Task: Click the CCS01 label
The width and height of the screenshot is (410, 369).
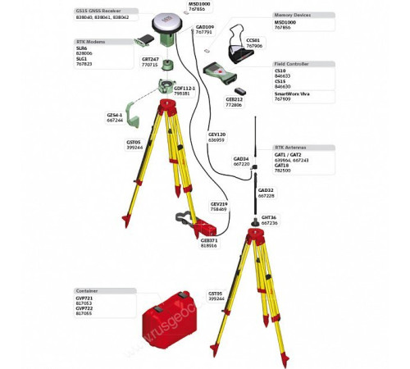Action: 253,40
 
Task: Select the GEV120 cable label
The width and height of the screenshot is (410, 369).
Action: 216,134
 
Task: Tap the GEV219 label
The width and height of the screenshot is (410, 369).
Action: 218,204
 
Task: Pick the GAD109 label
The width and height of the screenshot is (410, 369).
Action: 204,26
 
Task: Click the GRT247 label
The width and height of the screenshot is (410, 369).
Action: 149,59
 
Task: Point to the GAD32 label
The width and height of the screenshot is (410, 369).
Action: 266,190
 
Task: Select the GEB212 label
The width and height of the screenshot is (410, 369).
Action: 234,99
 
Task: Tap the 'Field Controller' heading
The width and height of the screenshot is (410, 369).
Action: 291,63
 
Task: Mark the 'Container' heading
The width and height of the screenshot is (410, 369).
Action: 87,289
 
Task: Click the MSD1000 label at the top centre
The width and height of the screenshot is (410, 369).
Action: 199,3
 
